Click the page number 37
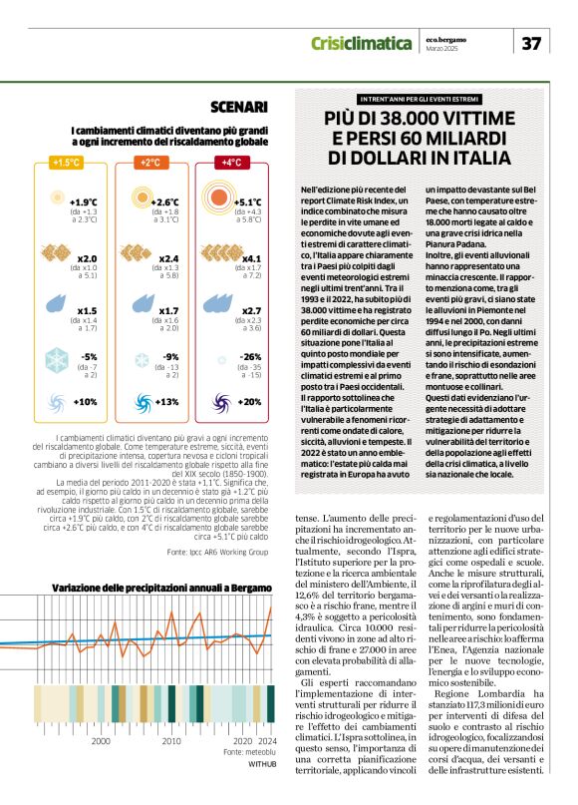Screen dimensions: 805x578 532,43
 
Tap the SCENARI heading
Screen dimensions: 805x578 238,108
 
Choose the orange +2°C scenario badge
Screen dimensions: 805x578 150,163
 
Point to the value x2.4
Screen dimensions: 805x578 169,258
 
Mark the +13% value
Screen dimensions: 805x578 166,402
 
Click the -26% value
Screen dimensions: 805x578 250,356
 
